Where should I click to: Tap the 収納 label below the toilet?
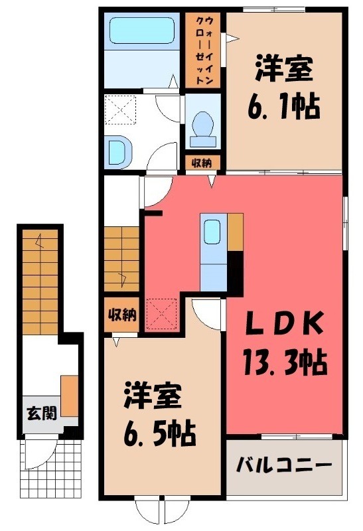tap(202, 163)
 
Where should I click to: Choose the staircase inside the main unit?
tap(121, 258)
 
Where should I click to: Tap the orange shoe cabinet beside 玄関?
tap(70, 396)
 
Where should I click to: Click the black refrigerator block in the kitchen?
tap(235, 271)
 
